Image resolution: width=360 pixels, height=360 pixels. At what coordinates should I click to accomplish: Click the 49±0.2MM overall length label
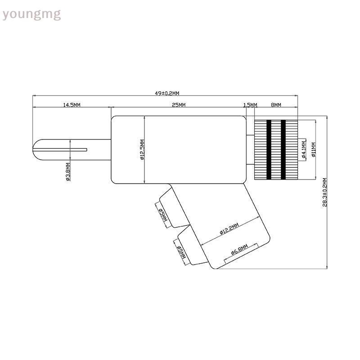click(167, 93)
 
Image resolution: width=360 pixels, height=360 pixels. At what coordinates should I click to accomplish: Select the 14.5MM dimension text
click(72, 105)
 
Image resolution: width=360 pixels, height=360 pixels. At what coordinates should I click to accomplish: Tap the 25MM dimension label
click(179, 105)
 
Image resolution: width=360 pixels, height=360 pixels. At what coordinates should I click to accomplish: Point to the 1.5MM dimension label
click(250, 105)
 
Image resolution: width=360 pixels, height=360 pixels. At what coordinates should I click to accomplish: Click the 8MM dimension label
click(276, 105)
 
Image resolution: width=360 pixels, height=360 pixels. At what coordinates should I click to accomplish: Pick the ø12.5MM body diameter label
click(142, 150)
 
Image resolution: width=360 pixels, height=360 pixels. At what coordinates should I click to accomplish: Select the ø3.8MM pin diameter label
click(68, 172)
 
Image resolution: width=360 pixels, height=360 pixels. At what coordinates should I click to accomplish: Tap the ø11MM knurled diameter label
click(314, 150)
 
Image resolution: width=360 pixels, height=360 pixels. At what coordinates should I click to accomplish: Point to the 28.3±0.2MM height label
click(324, 193)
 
